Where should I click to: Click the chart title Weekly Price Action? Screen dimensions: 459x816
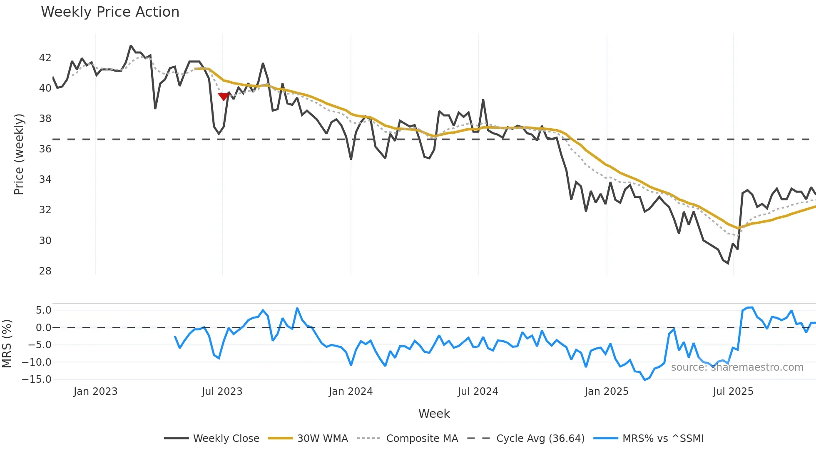tap(110, 12)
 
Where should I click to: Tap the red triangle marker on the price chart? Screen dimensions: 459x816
tap(224, 97)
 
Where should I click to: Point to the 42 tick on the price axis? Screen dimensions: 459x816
tap(45, 58)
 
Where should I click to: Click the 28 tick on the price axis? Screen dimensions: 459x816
tap(45, 271)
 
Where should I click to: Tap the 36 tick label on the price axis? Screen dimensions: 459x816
tap(45, 149)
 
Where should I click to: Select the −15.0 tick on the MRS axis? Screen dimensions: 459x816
tap(37, 379)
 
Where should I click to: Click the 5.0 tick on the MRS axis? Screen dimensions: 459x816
tap(43, 310)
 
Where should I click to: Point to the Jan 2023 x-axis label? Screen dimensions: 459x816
tap(95, 392)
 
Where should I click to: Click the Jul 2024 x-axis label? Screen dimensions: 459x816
tap(478, 392)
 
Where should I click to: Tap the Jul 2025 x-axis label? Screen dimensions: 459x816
tap(733, 392)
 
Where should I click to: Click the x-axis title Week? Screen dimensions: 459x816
tap(434, 414)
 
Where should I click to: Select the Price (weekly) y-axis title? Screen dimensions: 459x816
tap(19, 154)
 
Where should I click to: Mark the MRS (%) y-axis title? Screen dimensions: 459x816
tap(7, 344)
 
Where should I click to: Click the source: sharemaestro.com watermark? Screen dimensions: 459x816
tap(737, 367)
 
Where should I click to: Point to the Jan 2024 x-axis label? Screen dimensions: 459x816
tap(351, 392)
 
